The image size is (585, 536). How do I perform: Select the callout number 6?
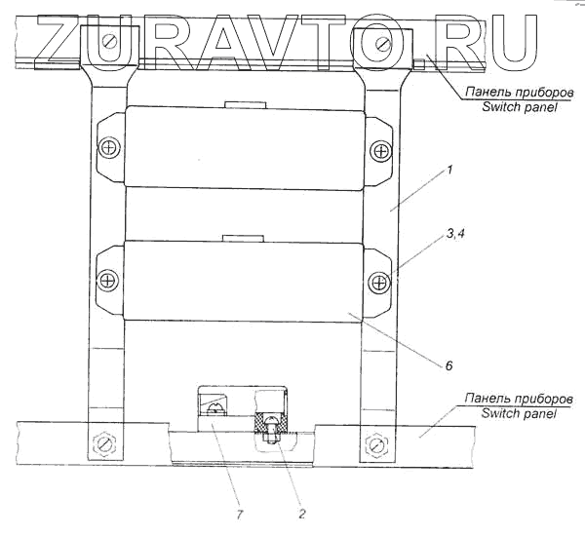448,366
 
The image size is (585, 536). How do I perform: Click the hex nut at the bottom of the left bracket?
102,445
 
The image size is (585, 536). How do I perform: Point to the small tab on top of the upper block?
242,103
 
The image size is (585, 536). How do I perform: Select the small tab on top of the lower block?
242,237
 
